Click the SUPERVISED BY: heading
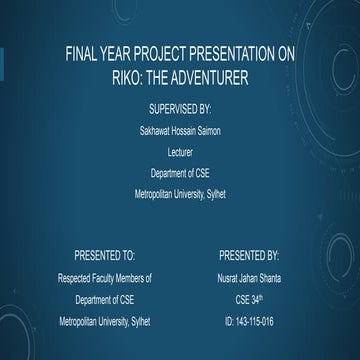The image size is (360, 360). (180, 107)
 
